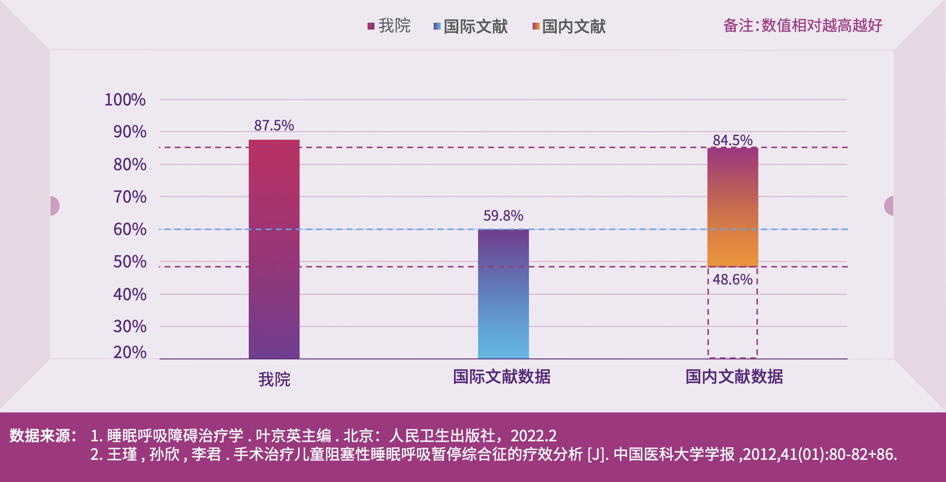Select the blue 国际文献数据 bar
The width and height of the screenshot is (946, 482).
pos(503,294)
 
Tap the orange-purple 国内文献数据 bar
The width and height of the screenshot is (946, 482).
pos(732,207)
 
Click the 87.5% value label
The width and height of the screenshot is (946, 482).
pos(274,125)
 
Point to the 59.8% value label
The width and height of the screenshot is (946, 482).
pos(503,216)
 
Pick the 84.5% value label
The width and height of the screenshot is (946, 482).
pos(732,140)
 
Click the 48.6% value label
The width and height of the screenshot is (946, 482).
pos(732,279)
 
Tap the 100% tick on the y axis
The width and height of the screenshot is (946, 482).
pos(125,99)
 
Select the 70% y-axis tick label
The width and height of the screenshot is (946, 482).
pos(129,197)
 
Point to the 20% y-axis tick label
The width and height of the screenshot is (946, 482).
pos(129,352)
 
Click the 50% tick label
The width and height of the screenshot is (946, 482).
pos(129,262)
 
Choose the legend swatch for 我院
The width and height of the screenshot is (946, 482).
pos(371,26)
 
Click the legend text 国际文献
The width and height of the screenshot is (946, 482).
pos(475,26)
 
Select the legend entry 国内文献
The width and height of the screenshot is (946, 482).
pos(573,26)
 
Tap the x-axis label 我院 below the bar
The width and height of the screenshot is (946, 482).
pos(274,379)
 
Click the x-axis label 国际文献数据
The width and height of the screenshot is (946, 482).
pos(502,377)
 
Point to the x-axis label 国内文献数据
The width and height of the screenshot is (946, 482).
pos(734,377)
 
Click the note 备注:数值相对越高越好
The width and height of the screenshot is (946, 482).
pos(803,25)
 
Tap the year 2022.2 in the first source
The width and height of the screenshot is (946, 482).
pos(534,436)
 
